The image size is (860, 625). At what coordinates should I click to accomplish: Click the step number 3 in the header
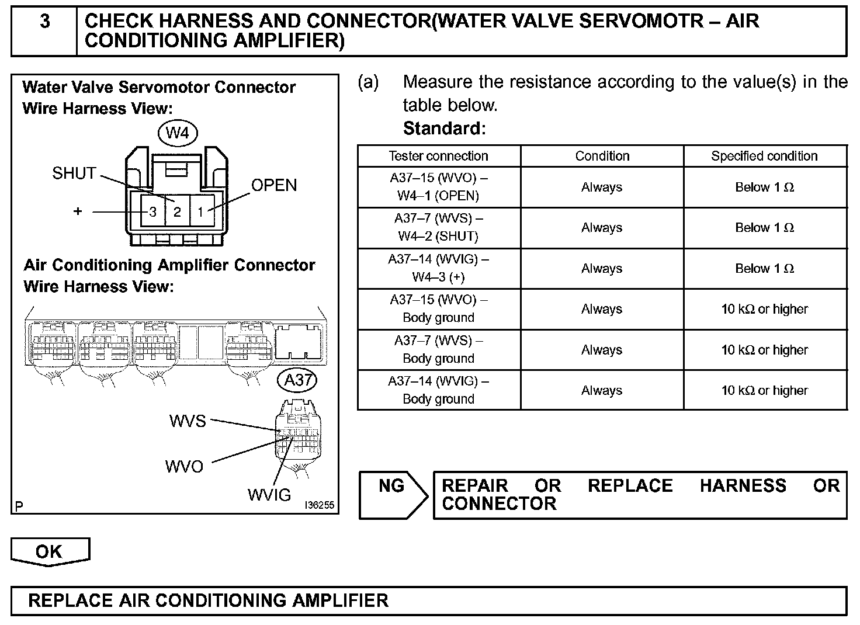point(44,22)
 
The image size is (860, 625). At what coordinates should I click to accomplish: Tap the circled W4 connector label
point(178,133)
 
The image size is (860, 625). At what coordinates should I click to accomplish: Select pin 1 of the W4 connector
point(200,211)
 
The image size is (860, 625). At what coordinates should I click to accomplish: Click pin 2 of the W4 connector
point(178,211)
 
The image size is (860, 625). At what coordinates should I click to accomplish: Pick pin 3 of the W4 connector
point(153,211)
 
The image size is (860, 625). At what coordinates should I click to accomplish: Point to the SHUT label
point(74,173)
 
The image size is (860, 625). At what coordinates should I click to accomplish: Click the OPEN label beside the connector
point(274,185)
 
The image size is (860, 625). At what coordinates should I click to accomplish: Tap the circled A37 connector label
point(297,380)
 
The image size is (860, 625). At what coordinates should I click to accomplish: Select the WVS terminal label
point(188,421)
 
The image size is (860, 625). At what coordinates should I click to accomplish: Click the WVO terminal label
point(184,466)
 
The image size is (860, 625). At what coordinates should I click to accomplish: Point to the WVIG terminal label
point(269,495)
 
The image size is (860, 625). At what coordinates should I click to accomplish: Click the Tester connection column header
point(438,156)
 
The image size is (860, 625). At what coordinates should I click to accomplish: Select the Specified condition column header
point(764,156)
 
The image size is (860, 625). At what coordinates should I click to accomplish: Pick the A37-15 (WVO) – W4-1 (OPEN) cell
point(438,187)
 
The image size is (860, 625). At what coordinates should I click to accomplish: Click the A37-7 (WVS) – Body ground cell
point(438,349)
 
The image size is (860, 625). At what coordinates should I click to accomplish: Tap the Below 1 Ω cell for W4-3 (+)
point(764,269)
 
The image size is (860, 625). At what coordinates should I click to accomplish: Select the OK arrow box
point(50,552)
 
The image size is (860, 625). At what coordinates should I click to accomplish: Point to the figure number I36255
point(319,505)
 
